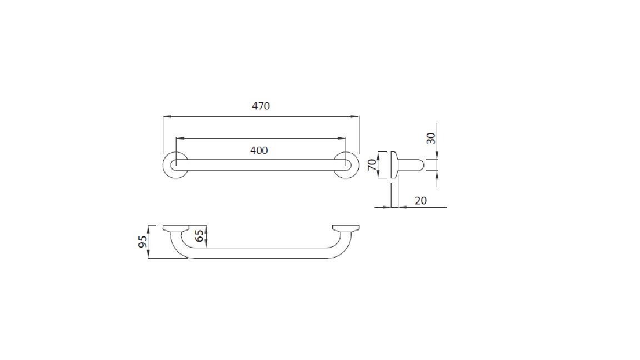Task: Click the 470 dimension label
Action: coord(261,106)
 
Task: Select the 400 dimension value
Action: coord(259,151)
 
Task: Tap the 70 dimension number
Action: coord(372,165)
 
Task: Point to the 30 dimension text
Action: coord(431,138)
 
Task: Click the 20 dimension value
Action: coord(421,201)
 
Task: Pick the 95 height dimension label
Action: coord(142,242)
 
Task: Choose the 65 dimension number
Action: coord(199,236)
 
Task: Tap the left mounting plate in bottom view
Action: coord(176,228)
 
